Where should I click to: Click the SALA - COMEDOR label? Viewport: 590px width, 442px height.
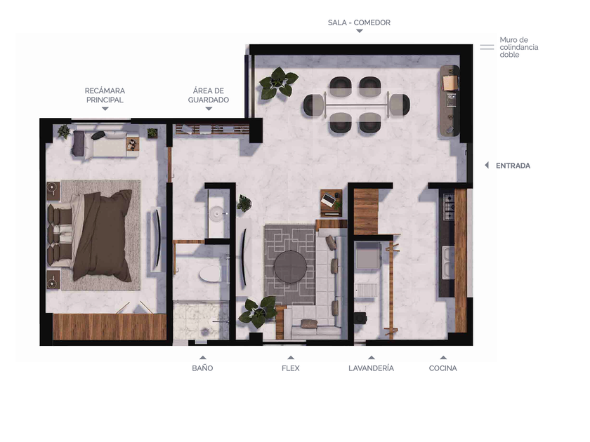pos(359,22)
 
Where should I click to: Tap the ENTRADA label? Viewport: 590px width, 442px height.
pos(513,166)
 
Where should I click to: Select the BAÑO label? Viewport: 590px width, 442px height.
pos(202,368)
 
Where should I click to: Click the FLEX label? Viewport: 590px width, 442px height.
pos(291,368)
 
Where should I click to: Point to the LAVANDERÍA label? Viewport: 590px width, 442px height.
pos(371,368)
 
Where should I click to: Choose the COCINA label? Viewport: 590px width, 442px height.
pos(443,368)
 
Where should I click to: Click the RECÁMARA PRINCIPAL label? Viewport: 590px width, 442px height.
pos(105,95)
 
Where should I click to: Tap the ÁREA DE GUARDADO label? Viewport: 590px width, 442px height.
pos(209,95)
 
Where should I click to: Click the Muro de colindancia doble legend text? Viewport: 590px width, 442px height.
pos(518,48)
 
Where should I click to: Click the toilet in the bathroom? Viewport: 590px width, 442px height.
pos(210,274)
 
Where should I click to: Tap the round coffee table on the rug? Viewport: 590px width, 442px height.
pos(290,267)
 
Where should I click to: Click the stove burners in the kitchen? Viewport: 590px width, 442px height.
pos(449,207)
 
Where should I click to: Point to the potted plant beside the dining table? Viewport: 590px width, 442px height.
pos(278,83)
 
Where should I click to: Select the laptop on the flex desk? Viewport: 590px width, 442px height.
pos(328,199)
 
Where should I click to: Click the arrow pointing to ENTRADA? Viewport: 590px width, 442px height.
pos(487,166)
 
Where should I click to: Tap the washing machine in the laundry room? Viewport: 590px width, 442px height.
pos(368,255)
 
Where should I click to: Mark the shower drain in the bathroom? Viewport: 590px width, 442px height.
pos(204,332)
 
